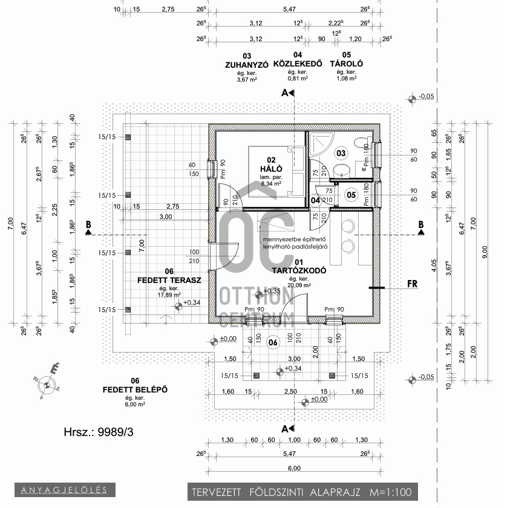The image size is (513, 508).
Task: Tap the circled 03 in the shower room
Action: tap(341, 154)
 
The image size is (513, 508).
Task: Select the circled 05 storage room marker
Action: tap(351, 195)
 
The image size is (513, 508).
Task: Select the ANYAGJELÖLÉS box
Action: tap(64, 489)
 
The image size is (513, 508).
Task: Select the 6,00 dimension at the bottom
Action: tap(294, 469)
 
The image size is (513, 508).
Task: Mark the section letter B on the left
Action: tap(88, 224)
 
